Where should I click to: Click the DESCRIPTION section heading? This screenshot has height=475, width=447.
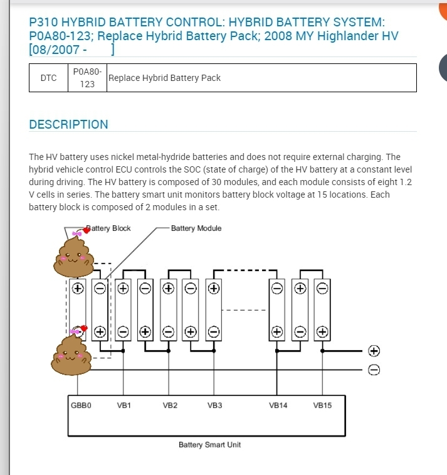68,124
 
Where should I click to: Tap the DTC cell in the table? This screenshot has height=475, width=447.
48,78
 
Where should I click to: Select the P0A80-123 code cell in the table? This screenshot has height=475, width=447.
87,78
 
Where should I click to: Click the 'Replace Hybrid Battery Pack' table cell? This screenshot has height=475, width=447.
164,78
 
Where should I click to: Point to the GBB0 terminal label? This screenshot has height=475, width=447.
81,405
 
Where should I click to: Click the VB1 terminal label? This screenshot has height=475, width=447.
124,405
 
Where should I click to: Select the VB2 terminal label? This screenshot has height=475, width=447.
169,405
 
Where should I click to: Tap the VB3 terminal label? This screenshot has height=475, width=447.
214,405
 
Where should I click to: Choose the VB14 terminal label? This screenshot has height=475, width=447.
278,405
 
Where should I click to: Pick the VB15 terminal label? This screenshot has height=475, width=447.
322,405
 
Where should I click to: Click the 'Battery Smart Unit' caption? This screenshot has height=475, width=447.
209,445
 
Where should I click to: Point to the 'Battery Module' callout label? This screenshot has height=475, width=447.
196,228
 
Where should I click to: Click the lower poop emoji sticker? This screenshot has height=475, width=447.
71,353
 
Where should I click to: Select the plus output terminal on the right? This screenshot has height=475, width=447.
374,350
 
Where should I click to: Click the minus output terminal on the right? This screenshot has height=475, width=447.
374,370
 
